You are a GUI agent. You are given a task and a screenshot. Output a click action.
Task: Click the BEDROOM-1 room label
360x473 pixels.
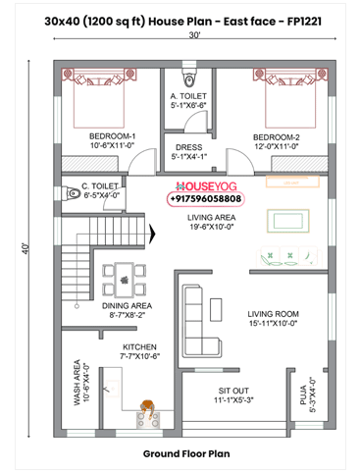(x=112, y=135)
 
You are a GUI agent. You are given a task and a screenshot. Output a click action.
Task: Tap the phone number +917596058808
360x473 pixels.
(x=206, y=198)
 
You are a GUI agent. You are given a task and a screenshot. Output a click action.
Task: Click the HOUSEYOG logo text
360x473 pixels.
(x=207, y=184)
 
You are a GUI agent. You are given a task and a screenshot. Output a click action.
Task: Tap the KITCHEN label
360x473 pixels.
(x=139, y=347)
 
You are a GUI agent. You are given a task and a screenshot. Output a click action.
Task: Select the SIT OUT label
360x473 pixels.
(x=233, y=390)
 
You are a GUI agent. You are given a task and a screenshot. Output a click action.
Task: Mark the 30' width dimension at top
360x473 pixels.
(x=196, y=35)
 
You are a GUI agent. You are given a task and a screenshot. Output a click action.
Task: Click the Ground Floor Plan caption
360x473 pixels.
(x=185, y=454)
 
